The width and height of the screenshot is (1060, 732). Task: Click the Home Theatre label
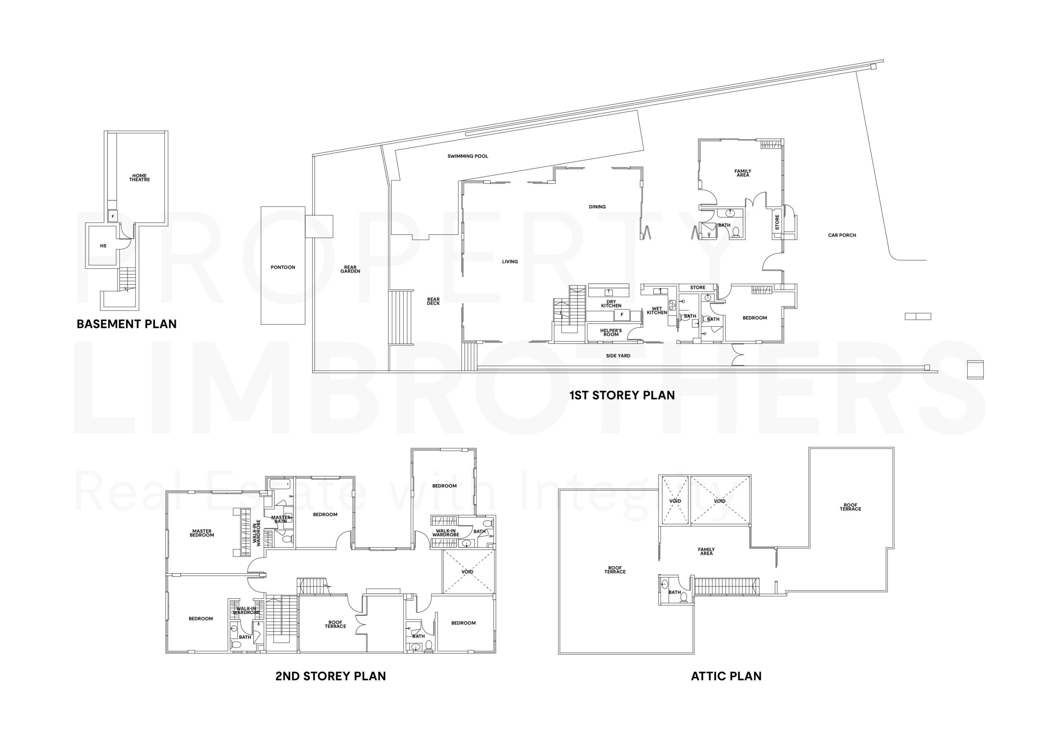click(140, 178)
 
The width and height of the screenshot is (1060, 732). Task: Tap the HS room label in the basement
click(103, 246)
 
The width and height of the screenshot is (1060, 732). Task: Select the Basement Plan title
click(127, 324)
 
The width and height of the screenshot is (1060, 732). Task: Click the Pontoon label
click(282, 267)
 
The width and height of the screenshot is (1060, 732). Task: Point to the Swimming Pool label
click(468, 157)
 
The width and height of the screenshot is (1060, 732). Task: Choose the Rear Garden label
click(350, 269)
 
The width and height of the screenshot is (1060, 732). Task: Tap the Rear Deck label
click(434, 301)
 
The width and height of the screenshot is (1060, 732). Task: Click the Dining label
click(597, 207)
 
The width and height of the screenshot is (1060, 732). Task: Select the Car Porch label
click(842, 235)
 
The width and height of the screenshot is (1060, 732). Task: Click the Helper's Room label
click(611, 332)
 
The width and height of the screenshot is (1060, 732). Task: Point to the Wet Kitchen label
click(657, 311)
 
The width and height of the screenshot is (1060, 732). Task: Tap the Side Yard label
click(618, 356)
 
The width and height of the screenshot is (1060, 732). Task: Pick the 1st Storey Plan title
click(622, 395)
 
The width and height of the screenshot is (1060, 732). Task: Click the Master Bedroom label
click(202, 533)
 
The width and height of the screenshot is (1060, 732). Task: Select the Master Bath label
click(281, 519)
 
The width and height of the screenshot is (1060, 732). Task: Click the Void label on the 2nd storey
click(467, 572)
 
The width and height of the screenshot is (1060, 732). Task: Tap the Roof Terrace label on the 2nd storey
click(335, 624)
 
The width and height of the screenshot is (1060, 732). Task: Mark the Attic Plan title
click(726, 676)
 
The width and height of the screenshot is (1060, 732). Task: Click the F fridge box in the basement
click(113, 216)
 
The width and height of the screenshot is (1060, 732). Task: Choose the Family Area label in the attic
click(706, 551)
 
